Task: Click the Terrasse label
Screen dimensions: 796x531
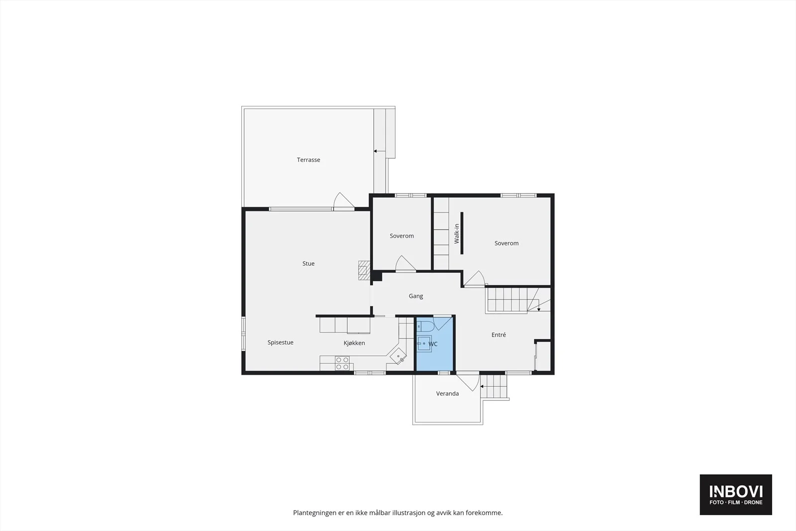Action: click(308, 160)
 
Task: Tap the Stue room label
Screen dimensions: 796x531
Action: click(308, 263)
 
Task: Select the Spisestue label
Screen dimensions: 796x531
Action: click(281, 342)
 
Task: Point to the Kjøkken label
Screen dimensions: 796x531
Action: click(354, 343)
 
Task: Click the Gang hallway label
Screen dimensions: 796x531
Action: click(416, 296)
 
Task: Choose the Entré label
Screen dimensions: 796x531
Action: click(498, 334)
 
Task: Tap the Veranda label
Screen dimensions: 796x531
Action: click(447, 394)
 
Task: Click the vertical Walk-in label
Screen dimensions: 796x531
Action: click(457, 233)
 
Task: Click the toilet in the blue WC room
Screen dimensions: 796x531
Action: click(425, 326)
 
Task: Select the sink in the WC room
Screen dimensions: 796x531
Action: click(424, 344)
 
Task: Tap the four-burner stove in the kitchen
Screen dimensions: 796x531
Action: click(342, 363)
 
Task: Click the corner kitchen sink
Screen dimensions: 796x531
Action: click(398, 356)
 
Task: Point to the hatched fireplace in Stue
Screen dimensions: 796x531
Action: click(364, 270)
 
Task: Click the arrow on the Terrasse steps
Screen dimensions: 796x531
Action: click(380, 151)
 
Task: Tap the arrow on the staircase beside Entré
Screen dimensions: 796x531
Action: click(539, 306)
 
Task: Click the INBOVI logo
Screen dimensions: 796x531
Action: click(736, 494)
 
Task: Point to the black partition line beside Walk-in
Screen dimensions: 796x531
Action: click(462, 233)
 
